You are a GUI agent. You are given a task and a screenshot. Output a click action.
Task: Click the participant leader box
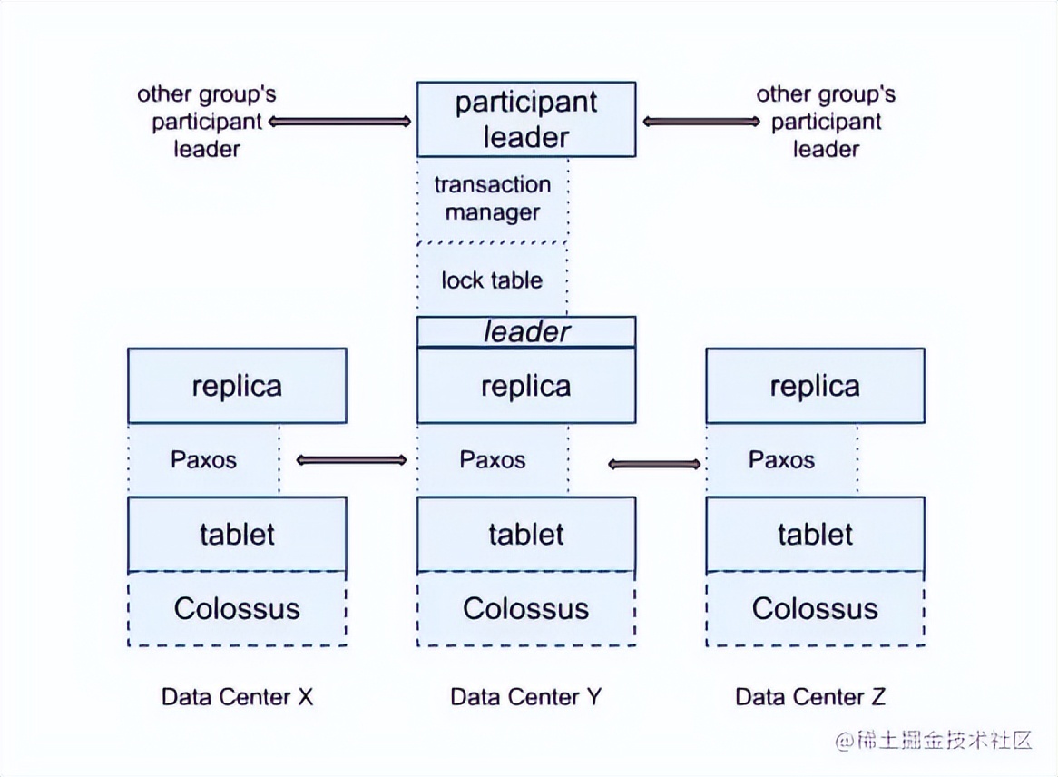[x=525, y=119]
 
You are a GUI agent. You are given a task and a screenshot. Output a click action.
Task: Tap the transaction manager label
[x=492, y=199]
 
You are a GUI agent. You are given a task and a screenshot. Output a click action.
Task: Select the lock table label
[x=492, y=280]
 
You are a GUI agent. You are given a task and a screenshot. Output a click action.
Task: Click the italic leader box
[x=525, y=331]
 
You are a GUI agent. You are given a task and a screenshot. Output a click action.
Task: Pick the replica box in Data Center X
[x=237, y=386]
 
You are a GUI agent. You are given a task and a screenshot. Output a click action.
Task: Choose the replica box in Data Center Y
[x=525, y=386]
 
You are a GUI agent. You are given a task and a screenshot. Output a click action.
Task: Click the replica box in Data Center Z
[x=815, y=386]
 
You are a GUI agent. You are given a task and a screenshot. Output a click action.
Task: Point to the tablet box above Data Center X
[x=237, y=534]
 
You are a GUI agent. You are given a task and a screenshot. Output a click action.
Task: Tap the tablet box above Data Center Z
[x=815, y=534]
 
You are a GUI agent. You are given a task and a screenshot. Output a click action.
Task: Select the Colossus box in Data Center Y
[x=525, y=608]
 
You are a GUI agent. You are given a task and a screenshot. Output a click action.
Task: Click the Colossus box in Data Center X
[x=237, y=608]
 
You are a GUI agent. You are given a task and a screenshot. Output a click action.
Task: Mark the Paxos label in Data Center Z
[x=781, y=459]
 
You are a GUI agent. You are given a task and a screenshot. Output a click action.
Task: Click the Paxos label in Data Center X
[x=203, y=459]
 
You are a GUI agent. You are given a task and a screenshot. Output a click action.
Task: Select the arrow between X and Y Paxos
[x=351, y=460]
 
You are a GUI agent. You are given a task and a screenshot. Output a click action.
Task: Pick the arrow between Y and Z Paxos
[x=654, y=465]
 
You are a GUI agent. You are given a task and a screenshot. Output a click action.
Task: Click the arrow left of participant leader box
[x=340, y=121]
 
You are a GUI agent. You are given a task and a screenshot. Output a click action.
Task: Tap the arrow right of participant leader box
[x=700, y=121]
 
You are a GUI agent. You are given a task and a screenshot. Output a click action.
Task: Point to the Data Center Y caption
[x=525, y=697]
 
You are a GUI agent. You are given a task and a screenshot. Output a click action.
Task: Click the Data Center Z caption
[x=810, y=697]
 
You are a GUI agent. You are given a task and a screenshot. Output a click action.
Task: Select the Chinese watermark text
[x=935, y=740]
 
